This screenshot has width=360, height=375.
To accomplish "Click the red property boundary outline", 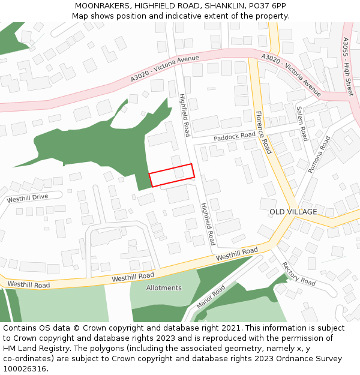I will coord(172,175).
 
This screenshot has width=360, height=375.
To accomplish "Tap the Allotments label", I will coord(164,288).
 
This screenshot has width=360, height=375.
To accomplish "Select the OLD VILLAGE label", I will coord(293,212).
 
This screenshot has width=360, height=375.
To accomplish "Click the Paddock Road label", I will coord(235,137).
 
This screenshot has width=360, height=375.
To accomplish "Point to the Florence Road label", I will coord(264,133).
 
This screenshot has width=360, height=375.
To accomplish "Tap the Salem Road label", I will coord(302,124).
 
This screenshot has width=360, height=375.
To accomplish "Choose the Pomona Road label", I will coord(319,155).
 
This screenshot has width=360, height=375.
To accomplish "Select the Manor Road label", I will coord(211,297).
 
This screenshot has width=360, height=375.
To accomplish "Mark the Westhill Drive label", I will coord(27,197).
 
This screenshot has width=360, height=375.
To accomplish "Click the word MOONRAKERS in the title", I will coord(103,5).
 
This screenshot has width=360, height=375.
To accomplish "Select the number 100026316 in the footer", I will coord(25,368).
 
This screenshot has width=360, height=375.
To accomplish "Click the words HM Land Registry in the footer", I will coord(32,348).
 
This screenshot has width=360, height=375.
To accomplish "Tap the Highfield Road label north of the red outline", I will coord(185,115).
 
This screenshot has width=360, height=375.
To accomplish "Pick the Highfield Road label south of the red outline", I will coord(207,224).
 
